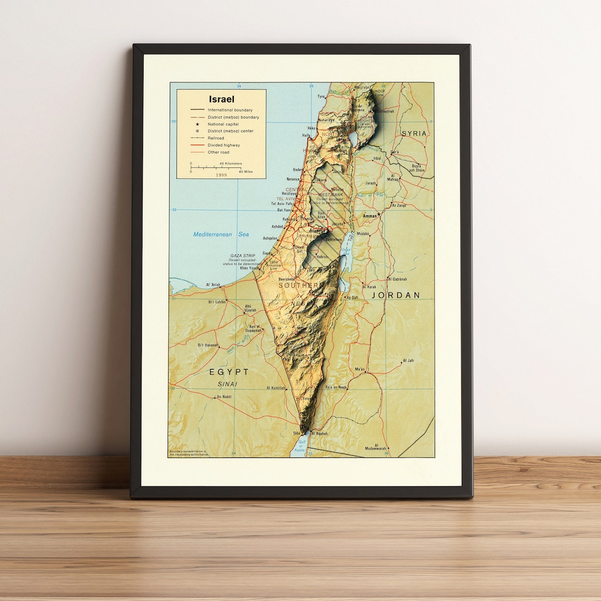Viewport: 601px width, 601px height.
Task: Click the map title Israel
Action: [221, 99]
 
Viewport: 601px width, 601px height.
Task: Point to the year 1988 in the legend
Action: [221, 175]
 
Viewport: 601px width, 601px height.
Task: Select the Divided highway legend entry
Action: [224, 145]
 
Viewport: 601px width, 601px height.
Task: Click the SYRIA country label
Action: [414, 134]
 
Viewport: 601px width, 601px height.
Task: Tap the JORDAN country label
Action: [396, 295]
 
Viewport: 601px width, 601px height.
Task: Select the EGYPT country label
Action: [229, 371]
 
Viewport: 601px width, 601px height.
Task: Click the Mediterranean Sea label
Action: [221, 234]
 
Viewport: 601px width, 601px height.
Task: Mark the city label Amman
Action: [370, 215]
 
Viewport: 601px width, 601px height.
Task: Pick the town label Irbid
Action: [377, 158]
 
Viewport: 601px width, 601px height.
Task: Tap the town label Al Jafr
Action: [407, 361]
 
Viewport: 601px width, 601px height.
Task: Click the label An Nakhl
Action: [223, 397]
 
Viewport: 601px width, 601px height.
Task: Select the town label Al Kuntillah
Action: [276, 388]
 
